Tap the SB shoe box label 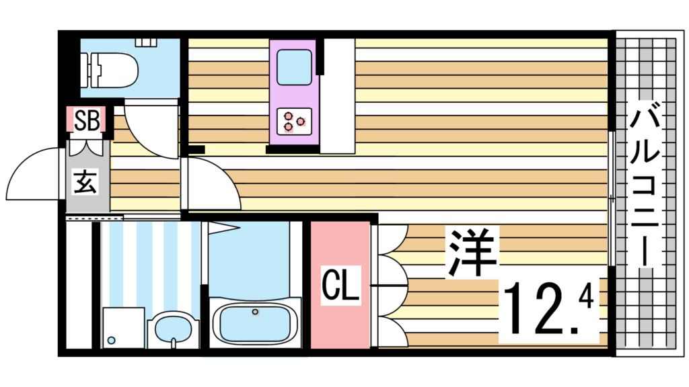point(87,121)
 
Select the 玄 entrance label point(85,181)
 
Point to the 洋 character point(472,253)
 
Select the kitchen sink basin point(293,68)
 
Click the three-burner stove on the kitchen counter point(293,121)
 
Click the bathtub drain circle point(255,312)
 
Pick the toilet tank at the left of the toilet point(89,69)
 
